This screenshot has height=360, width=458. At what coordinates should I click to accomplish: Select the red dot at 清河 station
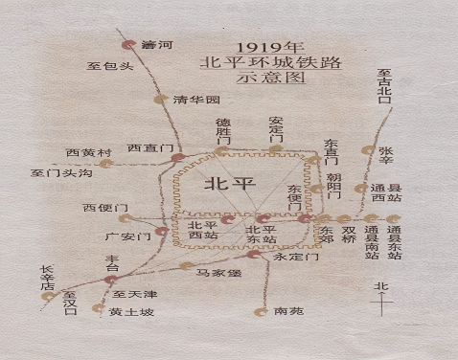click(127, 45)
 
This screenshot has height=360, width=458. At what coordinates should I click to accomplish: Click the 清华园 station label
click(197, 100)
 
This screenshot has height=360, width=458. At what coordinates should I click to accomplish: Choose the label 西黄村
click(89, 152)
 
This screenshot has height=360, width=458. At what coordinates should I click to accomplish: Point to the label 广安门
click(124, 235)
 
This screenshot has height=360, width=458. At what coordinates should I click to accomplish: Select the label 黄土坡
click(128, 312)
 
